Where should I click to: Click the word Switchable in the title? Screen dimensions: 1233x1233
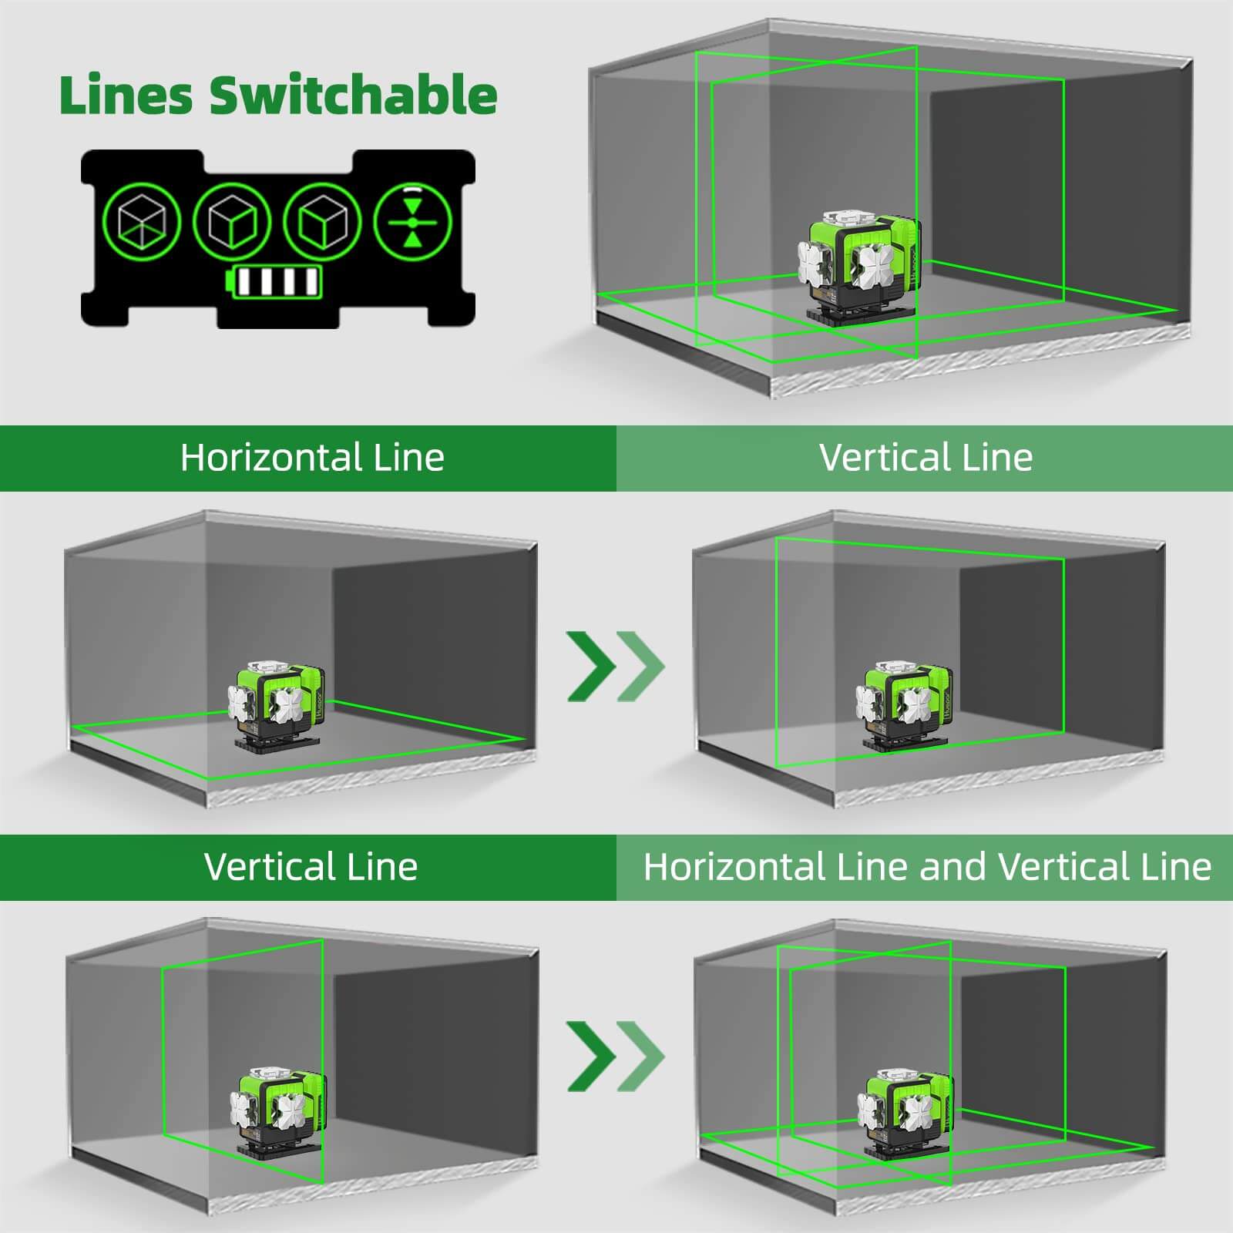pos(353,95)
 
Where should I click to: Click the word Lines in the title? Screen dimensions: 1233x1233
pos(126,95)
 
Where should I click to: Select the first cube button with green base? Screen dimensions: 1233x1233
pos(143,222)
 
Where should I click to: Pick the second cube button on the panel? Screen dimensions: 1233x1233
pos(233,222)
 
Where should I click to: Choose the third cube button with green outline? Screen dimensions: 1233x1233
pos(323,222)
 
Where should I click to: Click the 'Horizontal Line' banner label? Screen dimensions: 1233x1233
pos(312,458)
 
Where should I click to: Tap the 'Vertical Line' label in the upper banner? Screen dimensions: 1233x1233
pos(926,458)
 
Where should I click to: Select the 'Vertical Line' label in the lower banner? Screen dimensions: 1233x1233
pos(311,866)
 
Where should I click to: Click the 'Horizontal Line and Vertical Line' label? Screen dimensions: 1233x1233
pos(927,866)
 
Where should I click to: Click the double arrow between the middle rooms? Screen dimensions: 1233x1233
pos(615,666)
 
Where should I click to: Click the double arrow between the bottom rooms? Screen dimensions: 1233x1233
pos(615,1057)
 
